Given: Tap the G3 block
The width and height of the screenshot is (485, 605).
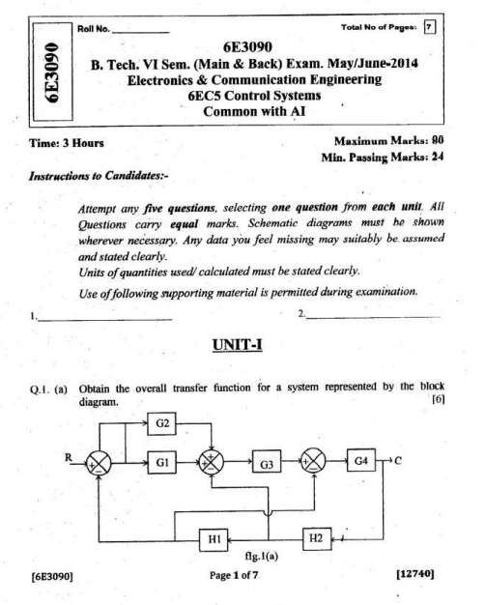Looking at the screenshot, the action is pos(267,465).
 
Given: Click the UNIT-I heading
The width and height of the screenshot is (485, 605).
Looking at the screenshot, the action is pos(242,345).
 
